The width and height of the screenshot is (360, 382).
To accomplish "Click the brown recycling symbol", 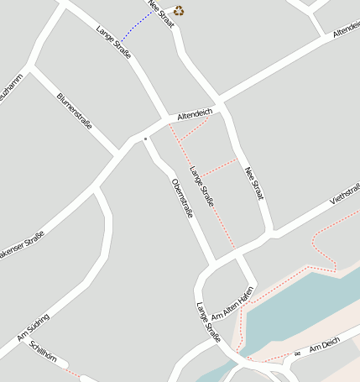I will coord(179,11).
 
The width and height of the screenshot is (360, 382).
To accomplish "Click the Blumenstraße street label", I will coord(74,110).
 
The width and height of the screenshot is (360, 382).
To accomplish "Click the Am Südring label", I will coord(34,327).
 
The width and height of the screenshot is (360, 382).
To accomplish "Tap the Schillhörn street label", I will coord(43,351).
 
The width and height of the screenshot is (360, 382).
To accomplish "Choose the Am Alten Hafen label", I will coord(232,304).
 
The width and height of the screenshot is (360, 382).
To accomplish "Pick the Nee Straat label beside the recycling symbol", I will coord(160,13).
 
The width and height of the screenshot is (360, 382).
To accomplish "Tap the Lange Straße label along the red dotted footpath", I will coord(201,186).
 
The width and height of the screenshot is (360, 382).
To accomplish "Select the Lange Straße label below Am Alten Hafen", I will coord(208,322).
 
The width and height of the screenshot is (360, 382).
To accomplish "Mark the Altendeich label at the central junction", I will coord(195,113).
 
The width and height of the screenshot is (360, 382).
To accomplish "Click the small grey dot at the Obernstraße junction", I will coord(145,138).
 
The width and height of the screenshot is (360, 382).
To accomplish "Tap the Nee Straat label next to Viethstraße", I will coord(254,183).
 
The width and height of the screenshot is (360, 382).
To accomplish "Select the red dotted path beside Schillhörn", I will coord(73,371).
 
